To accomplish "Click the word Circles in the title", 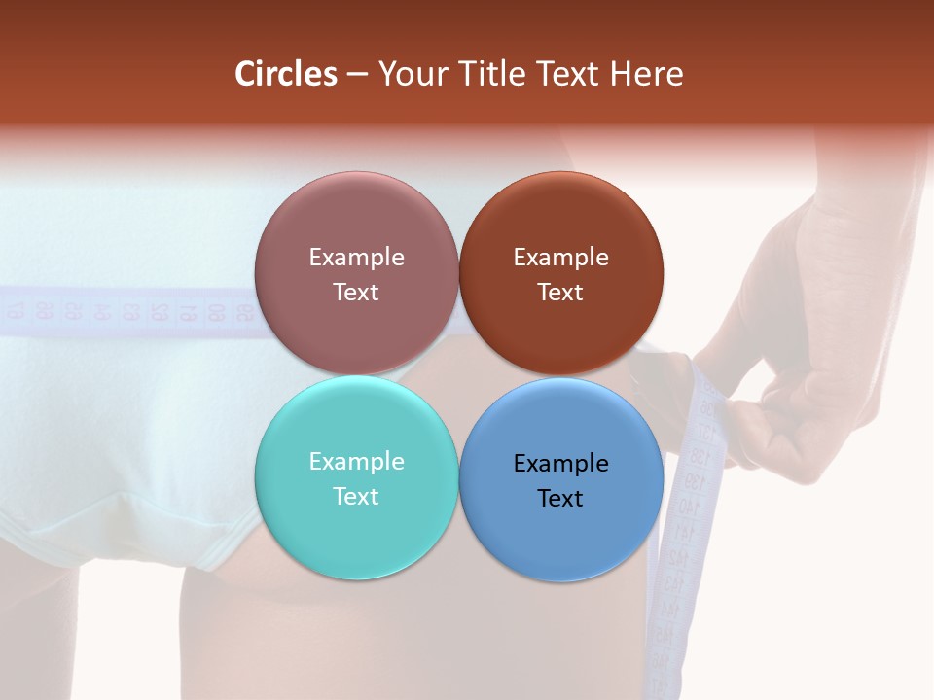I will point(286,74).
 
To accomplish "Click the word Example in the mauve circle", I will point(356,257).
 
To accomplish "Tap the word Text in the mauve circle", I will point(356,292).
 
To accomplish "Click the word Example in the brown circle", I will point(560,257).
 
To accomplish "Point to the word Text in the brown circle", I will point(560,292).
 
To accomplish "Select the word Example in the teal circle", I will point(356,461).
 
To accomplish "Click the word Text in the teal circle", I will point(356,496).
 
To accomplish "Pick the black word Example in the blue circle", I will point(560,463).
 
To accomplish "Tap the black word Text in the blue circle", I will point(560,498).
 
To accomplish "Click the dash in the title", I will point(357,75).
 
